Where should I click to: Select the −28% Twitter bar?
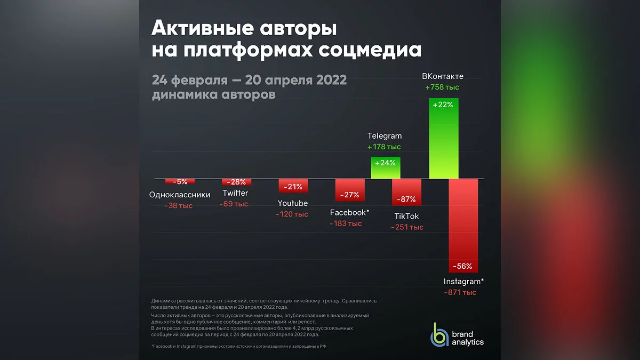tap(235, 182)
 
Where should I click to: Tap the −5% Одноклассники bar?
tap(180, 181)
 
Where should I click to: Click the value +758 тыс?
tap(442, 87)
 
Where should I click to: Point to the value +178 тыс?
tap(384, 147)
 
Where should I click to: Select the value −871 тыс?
tap(460, 292)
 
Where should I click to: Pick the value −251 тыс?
tap(407, 227)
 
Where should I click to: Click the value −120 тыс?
tap(292, 214)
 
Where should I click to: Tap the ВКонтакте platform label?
tap(443, 76)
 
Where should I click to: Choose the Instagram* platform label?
tap(463, 281)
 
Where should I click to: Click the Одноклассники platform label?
tap(180, 195)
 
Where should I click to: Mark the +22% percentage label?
tap(443, 105)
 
